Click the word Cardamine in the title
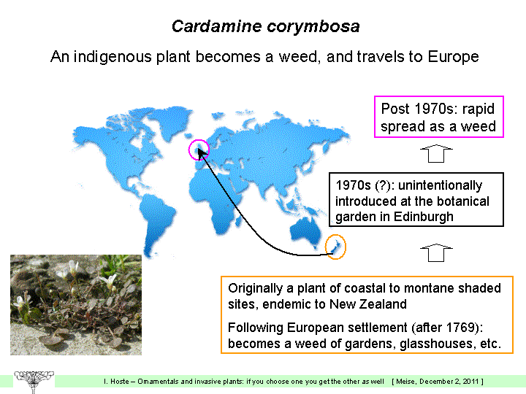(x=216, y=26)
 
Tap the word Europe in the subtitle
(x=453, y=57)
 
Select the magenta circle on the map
(x=189, y=150)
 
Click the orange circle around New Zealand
(x=326, y=247)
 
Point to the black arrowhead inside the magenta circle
(x=202, y=154)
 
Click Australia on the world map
(x=305, y=231)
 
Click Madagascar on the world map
(x=238, y=221)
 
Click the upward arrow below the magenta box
(x=436, y=154)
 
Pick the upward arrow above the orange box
(x=436, y=252)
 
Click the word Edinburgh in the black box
(x=423, y=217)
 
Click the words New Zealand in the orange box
(x=367, y=304)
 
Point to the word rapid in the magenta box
(x=479, y=109)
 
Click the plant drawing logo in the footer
(x=34, y=382)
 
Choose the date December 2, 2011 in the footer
(x=450, y=382)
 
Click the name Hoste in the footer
(x=119, y=382)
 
